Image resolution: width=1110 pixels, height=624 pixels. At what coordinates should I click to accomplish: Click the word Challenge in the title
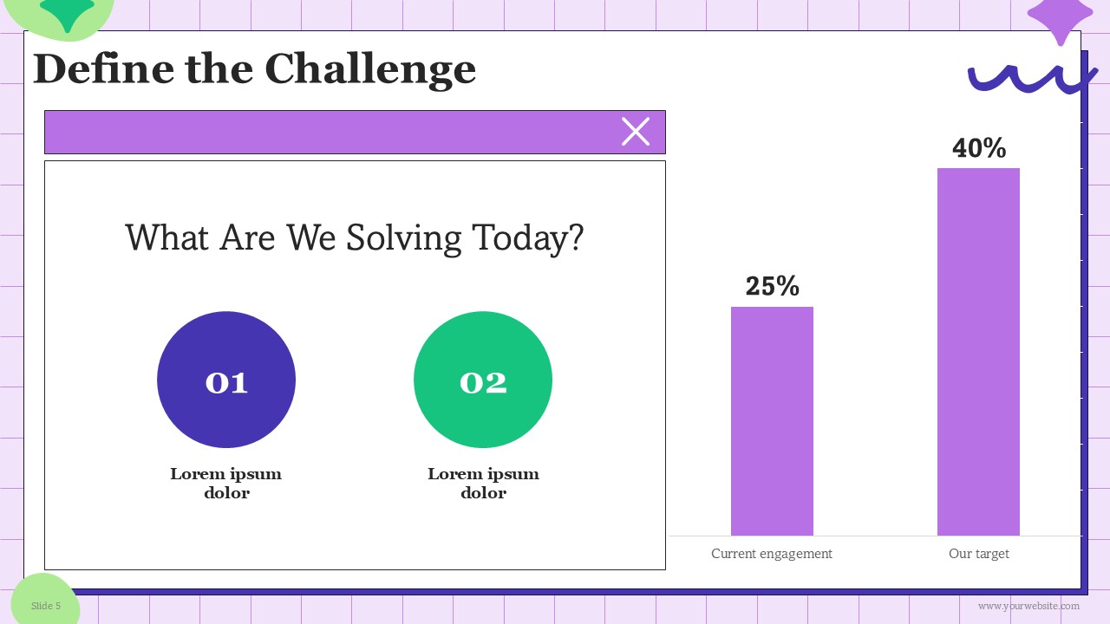point(370,70)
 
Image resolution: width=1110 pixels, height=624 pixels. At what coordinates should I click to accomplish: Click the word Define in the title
point(103,68)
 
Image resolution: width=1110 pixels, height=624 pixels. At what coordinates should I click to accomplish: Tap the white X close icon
point(636,132)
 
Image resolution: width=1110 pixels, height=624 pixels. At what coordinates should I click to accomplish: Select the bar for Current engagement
point(772,421)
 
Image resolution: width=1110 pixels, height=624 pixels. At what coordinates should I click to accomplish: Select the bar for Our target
point(978,352)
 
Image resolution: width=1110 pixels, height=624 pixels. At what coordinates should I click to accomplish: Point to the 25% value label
point(772,286)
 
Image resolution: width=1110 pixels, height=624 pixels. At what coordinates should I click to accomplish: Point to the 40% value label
point(979,147)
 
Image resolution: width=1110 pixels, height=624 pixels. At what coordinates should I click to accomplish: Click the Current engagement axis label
point(772,553)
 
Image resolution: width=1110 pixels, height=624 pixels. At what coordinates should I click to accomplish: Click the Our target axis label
point(979,553)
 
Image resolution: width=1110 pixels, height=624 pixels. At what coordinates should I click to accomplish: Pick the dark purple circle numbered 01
point(226,380)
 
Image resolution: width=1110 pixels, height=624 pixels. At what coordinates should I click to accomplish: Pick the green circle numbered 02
point(483,380)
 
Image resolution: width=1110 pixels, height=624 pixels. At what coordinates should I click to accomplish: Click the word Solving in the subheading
point(403,238)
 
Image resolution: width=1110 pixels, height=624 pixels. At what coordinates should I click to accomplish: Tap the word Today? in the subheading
point(528,238)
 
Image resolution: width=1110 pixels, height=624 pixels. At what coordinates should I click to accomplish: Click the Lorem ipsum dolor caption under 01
point(226,483)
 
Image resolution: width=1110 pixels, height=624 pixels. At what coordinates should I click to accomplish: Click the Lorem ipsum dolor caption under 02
point(483,483)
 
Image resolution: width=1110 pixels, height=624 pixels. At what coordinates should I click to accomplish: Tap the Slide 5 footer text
point(46,606)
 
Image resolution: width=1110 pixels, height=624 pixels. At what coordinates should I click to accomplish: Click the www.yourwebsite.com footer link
point(1028,606)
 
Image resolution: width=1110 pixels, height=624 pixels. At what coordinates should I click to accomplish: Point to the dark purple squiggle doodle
point(1033,79)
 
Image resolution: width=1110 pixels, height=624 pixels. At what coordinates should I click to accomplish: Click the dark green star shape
point(68,12)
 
